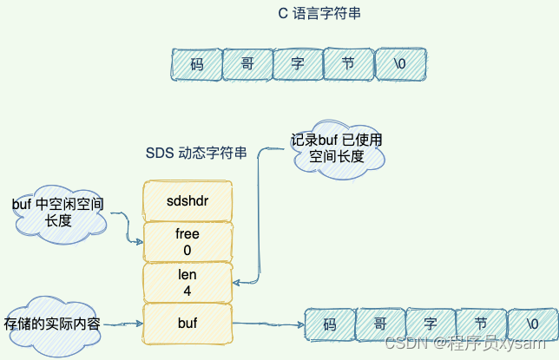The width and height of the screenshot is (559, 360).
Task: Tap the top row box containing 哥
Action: (x=247, y=63)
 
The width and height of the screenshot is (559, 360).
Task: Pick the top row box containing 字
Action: (x=297, y=63)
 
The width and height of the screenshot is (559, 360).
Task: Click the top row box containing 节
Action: (x=347, y=63)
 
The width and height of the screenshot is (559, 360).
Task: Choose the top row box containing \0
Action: (x=399, y=63)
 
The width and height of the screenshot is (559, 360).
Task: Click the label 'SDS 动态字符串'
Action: (x=196, y=154)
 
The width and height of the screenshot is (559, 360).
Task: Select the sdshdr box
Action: (x=187, y=200)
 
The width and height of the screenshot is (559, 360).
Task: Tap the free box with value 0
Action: (x=187, y=242)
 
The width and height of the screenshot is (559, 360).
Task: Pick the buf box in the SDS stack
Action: (x=187, y=324)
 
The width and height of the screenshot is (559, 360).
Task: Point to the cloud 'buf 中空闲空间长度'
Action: (x=58, y=213)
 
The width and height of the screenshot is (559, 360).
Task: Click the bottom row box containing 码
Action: (x=329, y=325)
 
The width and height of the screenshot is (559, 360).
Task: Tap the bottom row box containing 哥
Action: (x=379, y=325)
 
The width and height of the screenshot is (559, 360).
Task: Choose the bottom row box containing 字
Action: (x=430, y=325)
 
